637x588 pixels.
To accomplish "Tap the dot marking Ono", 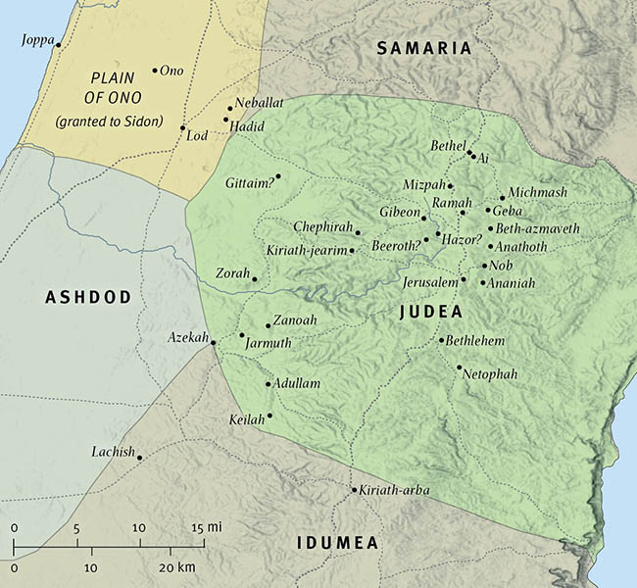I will pyautogui.click(x=155, y=71).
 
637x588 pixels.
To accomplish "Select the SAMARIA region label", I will pyautogui.click(x=424, y=48).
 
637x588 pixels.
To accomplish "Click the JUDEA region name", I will pyautogui.click(x=432, y=313).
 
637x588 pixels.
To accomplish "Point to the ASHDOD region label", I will pyautogui.click(x=88, y=297).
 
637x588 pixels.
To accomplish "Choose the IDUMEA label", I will pyautogui.click(x=337, y=542).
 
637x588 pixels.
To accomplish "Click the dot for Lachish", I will pyautogui.click(x=140, y=458).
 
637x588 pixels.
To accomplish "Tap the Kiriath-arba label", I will pyautogui.click(x=395, y=490).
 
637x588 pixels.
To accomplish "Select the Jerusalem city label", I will pyautogui.click(x=430, y=281).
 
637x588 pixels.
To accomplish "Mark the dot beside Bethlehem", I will pyautogui.click(x=442, y=340).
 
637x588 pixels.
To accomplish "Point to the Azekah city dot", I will pyautogui.click(x=213, y=342).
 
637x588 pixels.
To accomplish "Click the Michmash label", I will pyautogui.click(x=538, y=193).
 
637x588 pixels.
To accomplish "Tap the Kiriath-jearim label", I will pyautogui.click(x=307, y=251).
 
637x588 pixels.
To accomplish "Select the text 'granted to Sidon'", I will pyautogui.click(x=109, y=121).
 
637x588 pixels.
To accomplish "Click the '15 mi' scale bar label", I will pyautogui.click(x=206, y=527).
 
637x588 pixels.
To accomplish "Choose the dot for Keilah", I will pyautogui.click(x=269, y=416).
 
